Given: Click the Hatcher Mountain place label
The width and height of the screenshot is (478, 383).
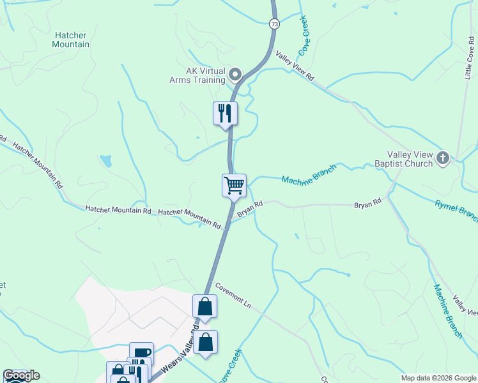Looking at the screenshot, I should pos(71,40).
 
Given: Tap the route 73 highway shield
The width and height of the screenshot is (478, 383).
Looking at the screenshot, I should pos(274,24).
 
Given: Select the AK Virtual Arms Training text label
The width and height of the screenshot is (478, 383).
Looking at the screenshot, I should pos(197,76).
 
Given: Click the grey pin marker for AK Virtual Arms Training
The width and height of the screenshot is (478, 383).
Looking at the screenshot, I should pos(235,75).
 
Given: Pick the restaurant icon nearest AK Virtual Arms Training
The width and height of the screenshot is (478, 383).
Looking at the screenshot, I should pos(224,113).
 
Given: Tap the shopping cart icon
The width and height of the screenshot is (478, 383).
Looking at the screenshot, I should pos(234,185).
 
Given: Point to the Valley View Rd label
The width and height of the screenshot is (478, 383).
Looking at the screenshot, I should pos(295,66).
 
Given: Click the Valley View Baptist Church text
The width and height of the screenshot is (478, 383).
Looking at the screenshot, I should pos(410,159).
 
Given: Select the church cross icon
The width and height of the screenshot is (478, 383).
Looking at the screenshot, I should pos(443,157).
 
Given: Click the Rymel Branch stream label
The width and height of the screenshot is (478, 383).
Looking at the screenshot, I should pos(456,210).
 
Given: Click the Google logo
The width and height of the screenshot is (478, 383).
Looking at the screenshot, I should pos(21,375).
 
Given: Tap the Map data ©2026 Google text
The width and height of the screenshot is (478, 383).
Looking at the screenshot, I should pos(438,378).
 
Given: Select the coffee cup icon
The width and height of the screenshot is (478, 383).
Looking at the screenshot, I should pos(141,353).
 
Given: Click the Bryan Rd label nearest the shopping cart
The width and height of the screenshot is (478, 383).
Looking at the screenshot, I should pos(251,209).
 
